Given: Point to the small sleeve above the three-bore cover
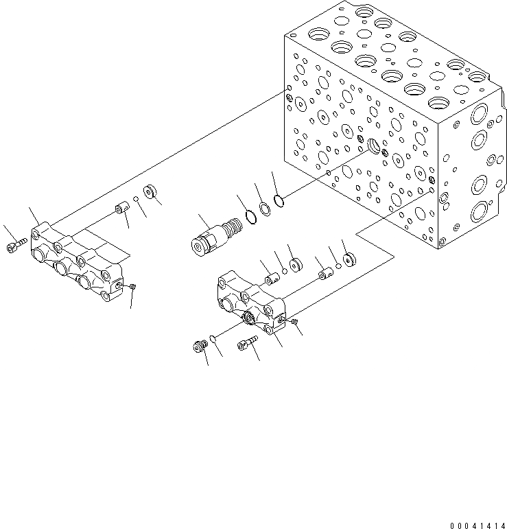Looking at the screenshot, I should pyautogui.click(x=122, y=206).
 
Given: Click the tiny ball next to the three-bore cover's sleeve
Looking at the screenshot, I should pyautogui.click(x=136, y=200).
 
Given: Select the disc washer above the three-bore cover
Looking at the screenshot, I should pyautogui.click(x=150, y=191).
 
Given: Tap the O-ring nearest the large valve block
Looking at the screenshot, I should pyautogui.click(x=279, y=200).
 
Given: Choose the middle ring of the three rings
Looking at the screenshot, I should pyautogui.click(x=265, y=207).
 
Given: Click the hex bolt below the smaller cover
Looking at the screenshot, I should pyautogui.click(x=246, y=344).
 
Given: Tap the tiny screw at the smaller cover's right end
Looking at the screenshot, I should pyautogui.click(x=293, y=320).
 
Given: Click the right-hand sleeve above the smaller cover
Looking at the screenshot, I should pyautogui.click(x=324, y=274).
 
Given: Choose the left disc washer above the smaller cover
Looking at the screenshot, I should pyautogui.click(x=297, y=265).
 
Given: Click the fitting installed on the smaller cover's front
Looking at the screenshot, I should pyautogui.click(x=252, y=316).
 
